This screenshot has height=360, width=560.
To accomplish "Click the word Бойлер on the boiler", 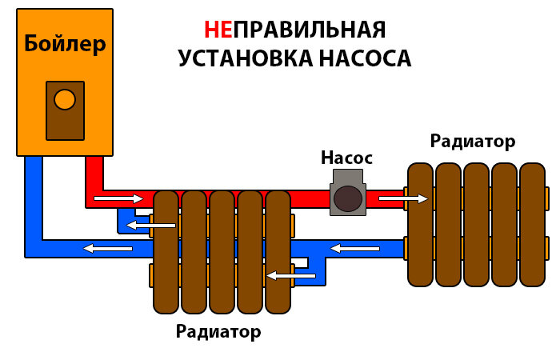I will pyautogui.click(x=65, y=45).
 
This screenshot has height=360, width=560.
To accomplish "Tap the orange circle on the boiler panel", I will pyautogui.click(x=64, y=100).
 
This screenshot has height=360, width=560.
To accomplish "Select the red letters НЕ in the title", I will pyautogui.click(x=219, y=30).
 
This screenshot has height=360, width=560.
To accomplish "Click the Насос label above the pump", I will pyautogui.click(x=346, y=157).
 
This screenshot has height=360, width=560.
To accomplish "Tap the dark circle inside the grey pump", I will pyautogui.click(x=347, y=198).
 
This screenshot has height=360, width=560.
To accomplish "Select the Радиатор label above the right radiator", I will pyautogui.click(x=472, y=142).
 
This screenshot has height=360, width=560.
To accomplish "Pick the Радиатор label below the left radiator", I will pyautogui.click(x=218, y=330).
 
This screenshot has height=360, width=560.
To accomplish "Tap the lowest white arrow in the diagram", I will pyautogui.click(x=290, y=276).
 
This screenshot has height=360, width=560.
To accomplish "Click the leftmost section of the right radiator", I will pyautogui.click(x=421, y=224).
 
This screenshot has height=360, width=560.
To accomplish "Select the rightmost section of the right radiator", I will pyautogui.click(x=531, y=224).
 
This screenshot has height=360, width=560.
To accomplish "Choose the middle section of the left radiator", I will pyautogui.click(x=222, y=252).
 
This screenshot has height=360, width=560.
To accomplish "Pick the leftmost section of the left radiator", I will pyautogui.click(x=166, y=252).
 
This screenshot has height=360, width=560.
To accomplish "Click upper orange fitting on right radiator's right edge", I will pyautogui.click(x=548, y=198).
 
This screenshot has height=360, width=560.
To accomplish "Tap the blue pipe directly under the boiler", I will pyautogui.click(x=33, y=200).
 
